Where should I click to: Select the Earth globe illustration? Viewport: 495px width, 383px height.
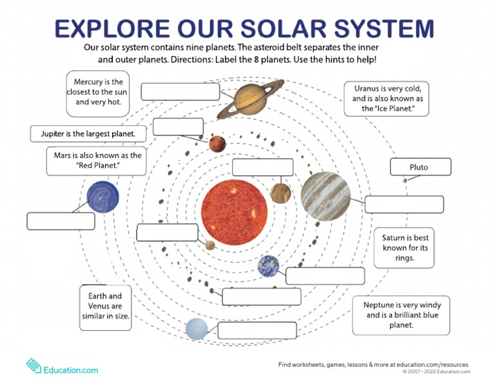(x=268, y=266)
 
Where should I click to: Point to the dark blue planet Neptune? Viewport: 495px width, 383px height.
(x=102, y=197)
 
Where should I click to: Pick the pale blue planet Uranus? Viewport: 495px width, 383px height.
(x=197, y=329)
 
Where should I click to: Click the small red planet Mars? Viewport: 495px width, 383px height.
(x=217, y=143)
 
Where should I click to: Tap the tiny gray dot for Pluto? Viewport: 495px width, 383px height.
(x=405, y=181)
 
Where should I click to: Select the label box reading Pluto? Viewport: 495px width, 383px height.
(x=420, y=167)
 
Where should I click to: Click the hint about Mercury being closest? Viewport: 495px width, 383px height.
(x=97, y=93)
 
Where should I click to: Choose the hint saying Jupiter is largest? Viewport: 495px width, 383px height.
(x=88, y=134)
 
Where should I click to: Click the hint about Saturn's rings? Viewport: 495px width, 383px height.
(x=405, y=248)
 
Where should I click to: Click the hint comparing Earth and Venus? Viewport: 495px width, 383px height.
(x=106, y=306)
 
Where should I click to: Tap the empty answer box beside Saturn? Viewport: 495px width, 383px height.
(x=180, y=92)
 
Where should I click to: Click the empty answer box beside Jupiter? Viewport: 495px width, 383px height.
(x=404, y=204)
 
